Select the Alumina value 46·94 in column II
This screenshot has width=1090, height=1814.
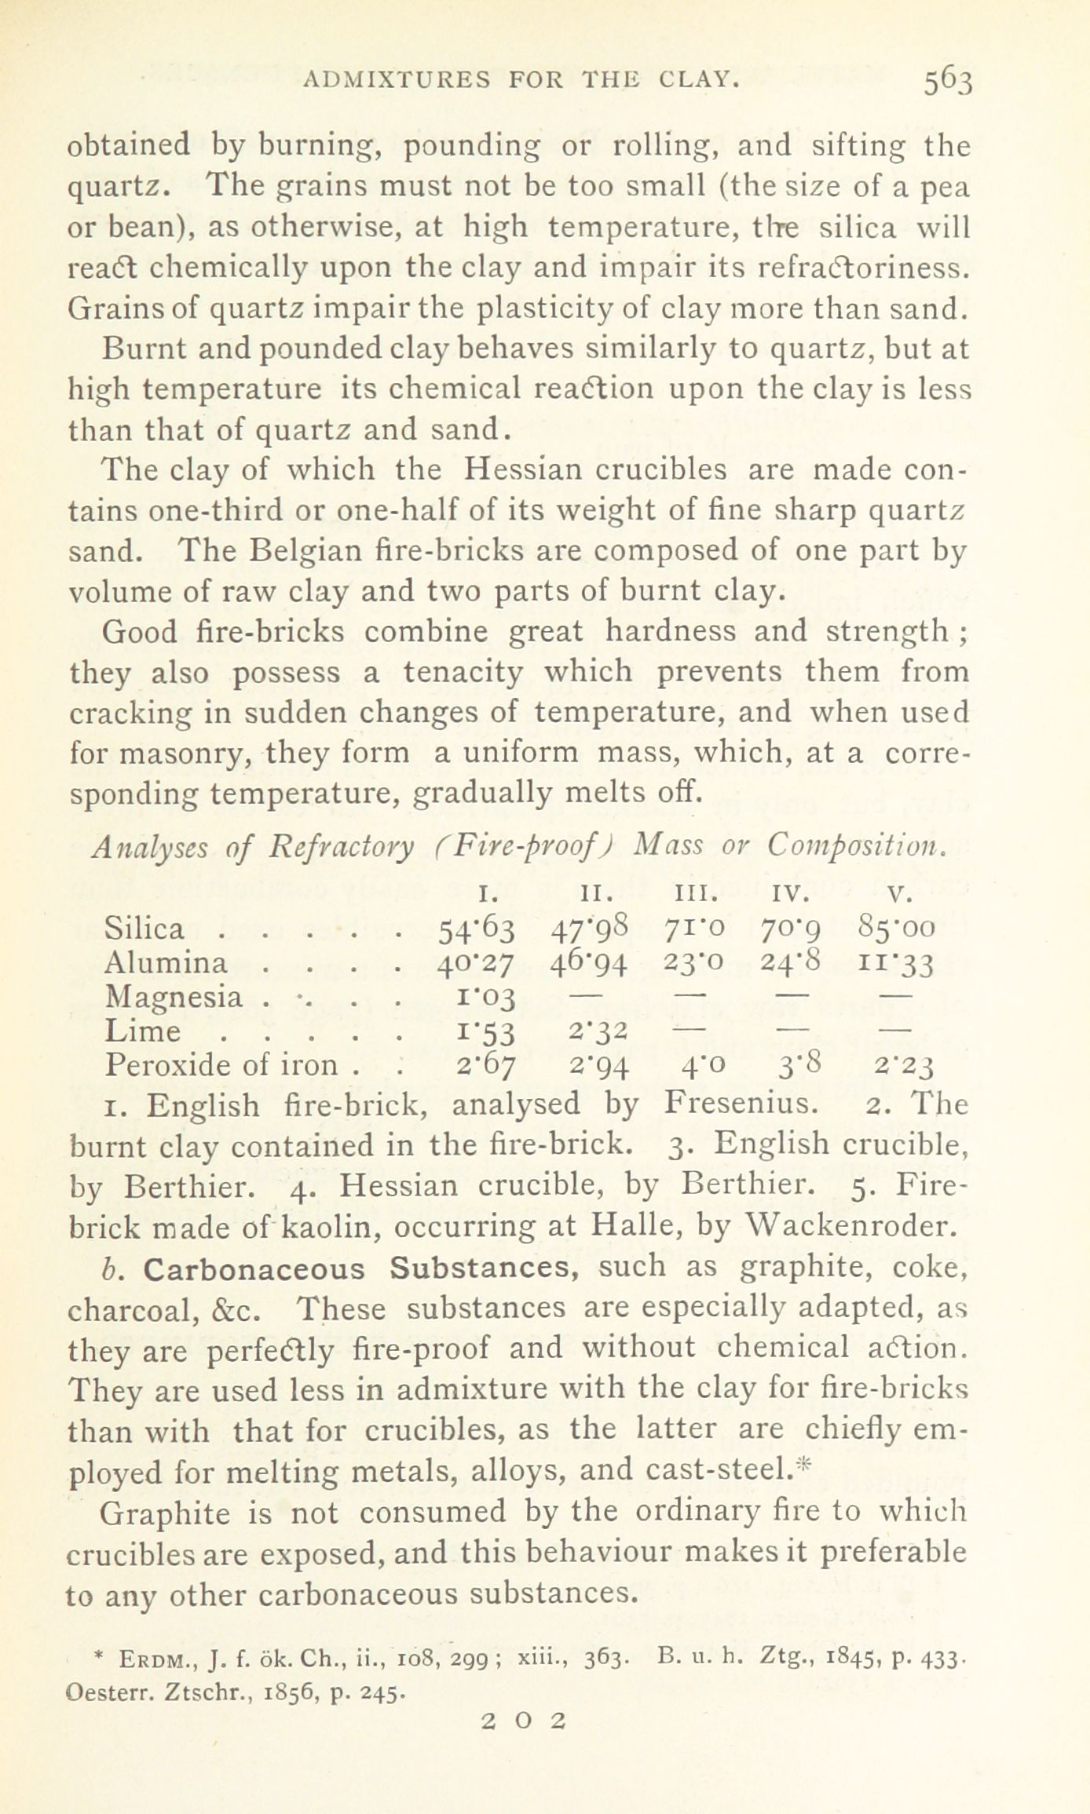coord(591,963)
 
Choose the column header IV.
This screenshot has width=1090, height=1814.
coord(791,894)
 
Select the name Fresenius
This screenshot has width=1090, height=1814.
coord(737,1105)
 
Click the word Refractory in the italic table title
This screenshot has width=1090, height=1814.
coord(341,846)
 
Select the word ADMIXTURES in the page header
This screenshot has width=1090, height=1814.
coord(397,78)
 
